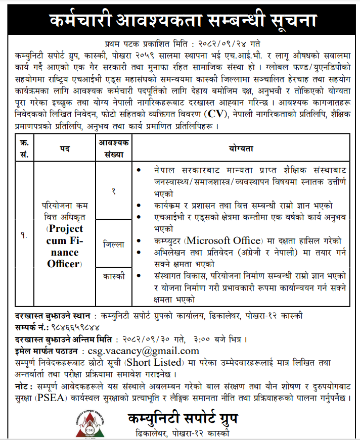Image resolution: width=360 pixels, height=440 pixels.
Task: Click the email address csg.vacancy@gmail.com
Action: pos(143,351)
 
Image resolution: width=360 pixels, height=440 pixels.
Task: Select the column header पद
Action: pos(64,148)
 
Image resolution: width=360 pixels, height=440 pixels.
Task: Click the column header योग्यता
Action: pos(240,148)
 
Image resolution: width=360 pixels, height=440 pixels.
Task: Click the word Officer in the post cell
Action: pos(64,263)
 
